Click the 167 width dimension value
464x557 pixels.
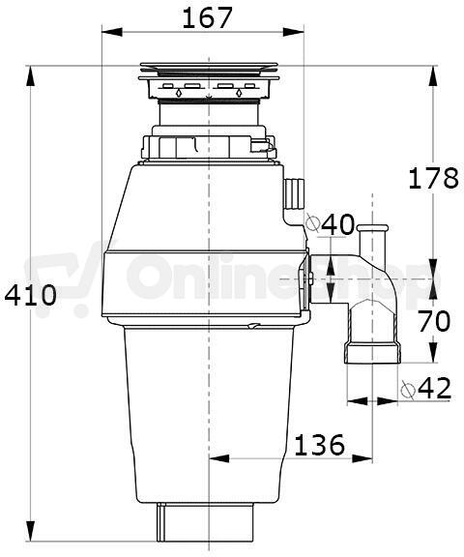click(207, 18)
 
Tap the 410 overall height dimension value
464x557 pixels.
click(30, 295)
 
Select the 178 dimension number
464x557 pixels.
click(433, 178)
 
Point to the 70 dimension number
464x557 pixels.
click(433, 321)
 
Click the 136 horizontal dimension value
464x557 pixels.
click(320, 445)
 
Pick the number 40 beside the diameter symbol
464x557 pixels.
click(337, 224)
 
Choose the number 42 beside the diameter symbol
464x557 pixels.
click(434, 388)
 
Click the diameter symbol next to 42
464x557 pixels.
click(408, 390)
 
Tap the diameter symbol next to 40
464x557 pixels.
click(312, 223)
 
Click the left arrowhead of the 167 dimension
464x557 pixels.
click(112, 32)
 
